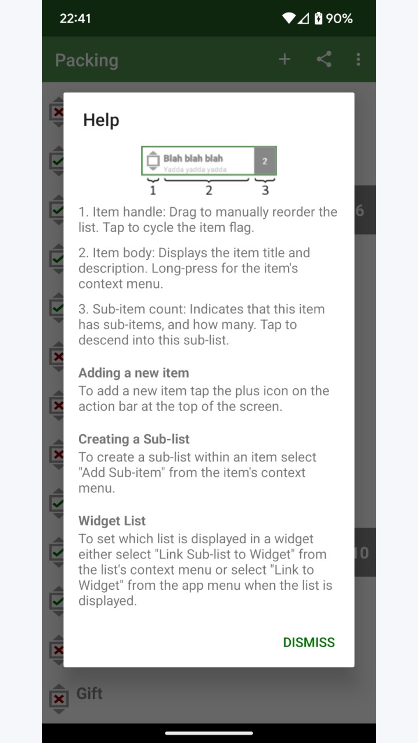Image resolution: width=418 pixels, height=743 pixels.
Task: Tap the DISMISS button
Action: [308, 643]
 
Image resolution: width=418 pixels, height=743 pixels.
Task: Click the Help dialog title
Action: [101, 120]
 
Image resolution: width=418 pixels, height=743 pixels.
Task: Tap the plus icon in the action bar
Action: [284, 60]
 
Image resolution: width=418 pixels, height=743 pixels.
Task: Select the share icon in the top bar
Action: [324, 59]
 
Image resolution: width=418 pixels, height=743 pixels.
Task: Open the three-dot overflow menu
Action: [358, 60]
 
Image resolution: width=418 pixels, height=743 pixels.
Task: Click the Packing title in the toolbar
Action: [87, 60]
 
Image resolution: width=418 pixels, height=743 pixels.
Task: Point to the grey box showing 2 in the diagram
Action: [265, 161]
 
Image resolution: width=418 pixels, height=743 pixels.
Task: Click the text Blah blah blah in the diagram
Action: [193, 158]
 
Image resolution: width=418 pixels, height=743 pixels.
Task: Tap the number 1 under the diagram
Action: [153, 190]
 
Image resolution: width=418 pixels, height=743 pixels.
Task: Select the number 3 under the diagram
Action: [265, 190]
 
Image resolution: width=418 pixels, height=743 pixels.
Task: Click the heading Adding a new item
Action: [134, 373]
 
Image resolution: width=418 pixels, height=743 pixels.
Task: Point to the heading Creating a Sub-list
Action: [134, 439]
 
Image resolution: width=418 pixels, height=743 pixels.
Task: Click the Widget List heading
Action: [112, 521]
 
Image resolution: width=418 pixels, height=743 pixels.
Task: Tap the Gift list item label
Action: [89, 694]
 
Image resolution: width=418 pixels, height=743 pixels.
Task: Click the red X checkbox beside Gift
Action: [59, 699]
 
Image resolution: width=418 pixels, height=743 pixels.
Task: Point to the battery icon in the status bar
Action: [319, 18]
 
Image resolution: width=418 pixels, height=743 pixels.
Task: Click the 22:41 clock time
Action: [75, 18]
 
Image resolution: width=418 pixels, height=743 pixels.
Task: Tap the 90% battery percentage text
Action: [339, 18]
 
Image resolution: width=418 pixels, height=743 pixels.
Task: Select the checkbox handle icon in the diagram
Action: [153, 161]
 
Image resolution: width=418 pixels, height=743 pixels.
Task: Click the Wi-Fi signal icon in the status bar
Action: [289, 18]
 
